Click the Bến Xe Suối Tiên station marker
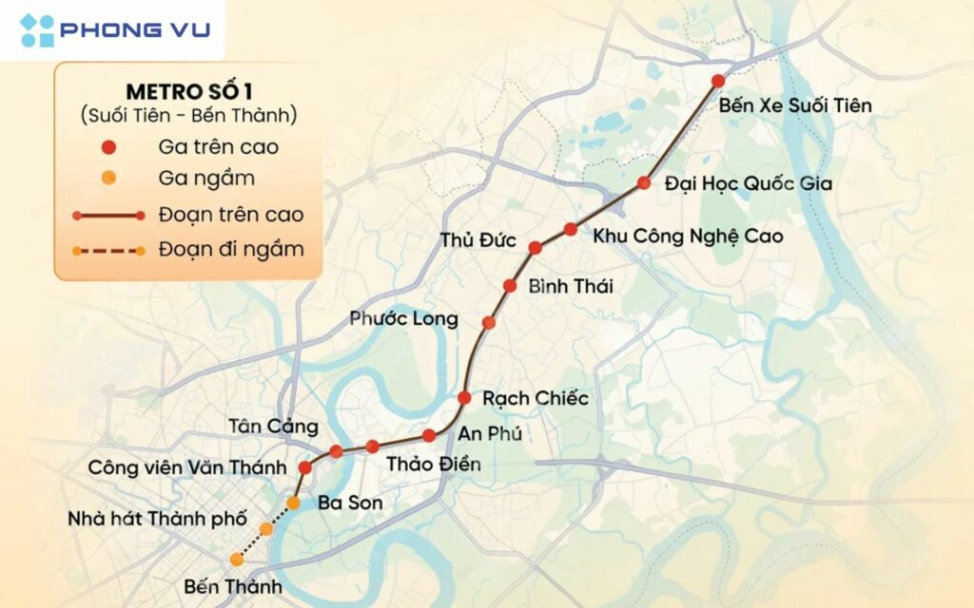[718, 81]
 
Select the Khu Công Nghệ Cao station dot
[571, 229]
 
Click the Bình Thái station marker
[510, 285]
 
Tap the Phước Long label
[403, 318]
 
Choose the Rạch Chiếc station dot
[464, 397]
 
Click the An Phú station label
[491, 433]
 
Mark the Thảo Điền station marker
[372, 446]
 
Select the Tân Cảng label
[273, 426]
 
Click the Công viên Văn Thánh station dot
[305, 467]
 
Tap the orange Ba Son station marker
[293, 502]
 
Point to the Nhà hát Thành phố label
[158, 520]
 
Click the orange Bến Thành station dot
[236, 560]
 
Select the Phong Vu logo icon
[37, 29]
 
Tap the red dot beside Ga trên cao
[109, 147]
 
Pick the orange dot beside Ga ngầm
[109, 178]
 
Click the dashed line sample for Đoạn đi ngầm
[108, 251]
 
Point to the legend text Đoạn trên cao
[231, 215]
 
